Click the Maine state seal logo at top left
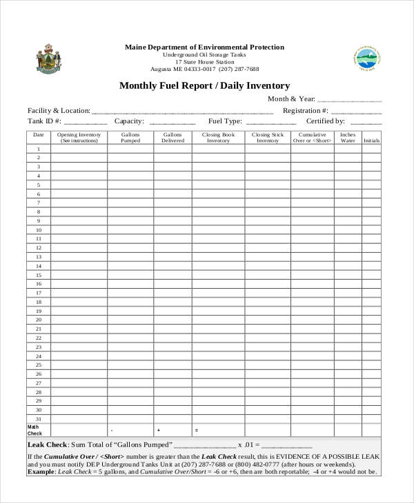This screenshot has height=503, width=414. click(47, 59)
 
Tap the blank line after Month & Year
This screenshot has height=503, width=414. click(349, 100)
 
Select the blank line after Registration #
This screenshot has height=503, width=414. click(356, 111)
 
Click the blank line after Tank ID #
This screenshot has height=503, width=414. click(86, 121)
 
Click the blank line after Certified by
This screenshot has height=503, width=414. click(366, 121)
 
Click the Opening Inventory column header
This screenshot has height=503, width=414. click(79, 137)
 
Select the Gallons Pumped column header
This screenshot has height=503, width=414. click(130, 137)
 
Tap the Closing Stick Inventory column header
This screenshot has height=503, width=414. click(268, 137)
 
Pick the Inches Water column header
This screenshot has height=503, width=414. click(348, 137)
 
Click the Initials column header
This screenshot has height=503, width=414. click(371, 141)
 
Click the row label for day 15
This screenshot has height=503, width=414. click(39, 275)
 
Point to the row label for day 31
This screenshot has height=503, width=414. click(39, 419)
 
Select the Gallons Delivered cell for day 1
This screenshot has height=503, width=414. click(172, 149)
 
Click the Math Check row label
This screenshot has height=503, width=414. click(34, 430)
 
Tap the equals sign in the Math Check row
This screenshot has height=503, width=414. click(197, 431)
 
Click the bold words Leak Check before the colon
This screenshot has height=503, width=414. click(47, 445)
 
